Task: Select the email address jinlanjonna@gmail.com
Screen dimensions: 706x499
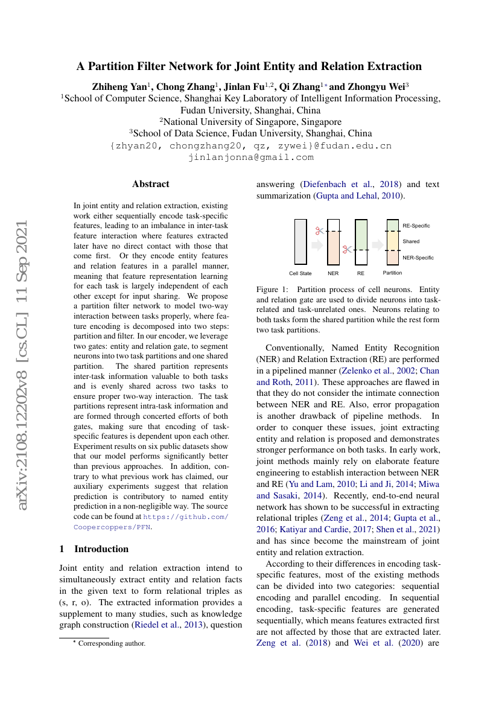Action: click(x=251, y=157)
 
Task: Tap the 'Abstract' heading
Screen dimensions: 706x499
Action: click(x=151, y=184)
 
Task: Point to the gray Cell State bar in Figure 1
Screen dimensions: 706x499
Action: click(x=300, y=241)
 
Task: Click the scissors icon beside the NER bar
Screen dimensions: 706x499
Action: click(x=319, y=231)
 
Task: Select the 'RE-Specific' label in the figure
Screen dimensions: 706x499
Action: click(x=416, y=226)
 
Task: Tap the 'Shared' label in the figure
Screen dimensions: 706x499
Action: click(x=411, y=241)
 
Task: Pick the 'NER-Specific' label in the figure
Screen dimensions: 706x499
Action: click(x=418, y=258)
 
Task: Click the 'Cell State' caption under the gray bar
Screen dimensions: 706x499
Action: click(x=300, y=273)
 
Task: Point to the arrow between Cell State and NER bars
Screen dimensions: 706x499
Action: click(x=317, y=244)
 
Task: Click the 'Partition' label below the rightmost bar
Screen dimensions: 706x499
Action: click(x=392, y=273)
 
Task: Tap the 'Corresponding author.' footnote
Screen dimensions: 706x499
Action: click(x=112, y=643)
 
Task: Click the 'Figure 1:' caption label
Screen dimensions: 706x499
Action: click(x=272, y=290)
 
